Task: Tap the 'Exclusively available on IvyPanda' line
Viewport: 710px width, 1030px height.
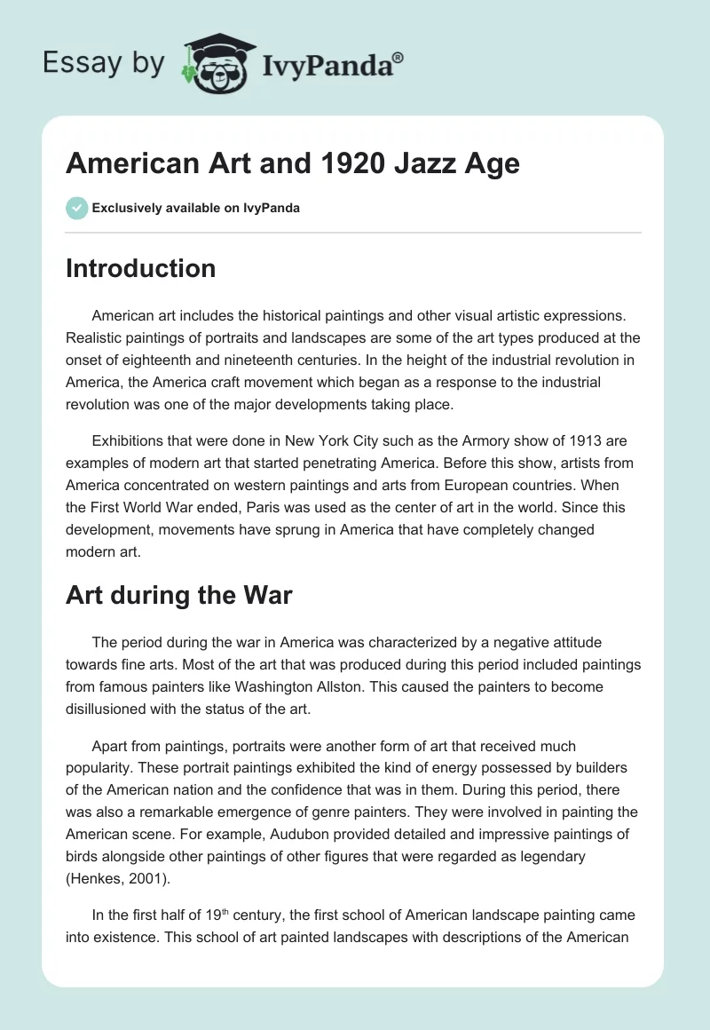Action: coord(196,208)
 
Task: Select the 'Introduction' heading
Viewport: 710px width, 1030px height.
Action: coord(140,268)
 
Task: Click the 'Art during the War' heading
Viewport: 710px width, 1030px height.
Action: coord(178,594)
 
